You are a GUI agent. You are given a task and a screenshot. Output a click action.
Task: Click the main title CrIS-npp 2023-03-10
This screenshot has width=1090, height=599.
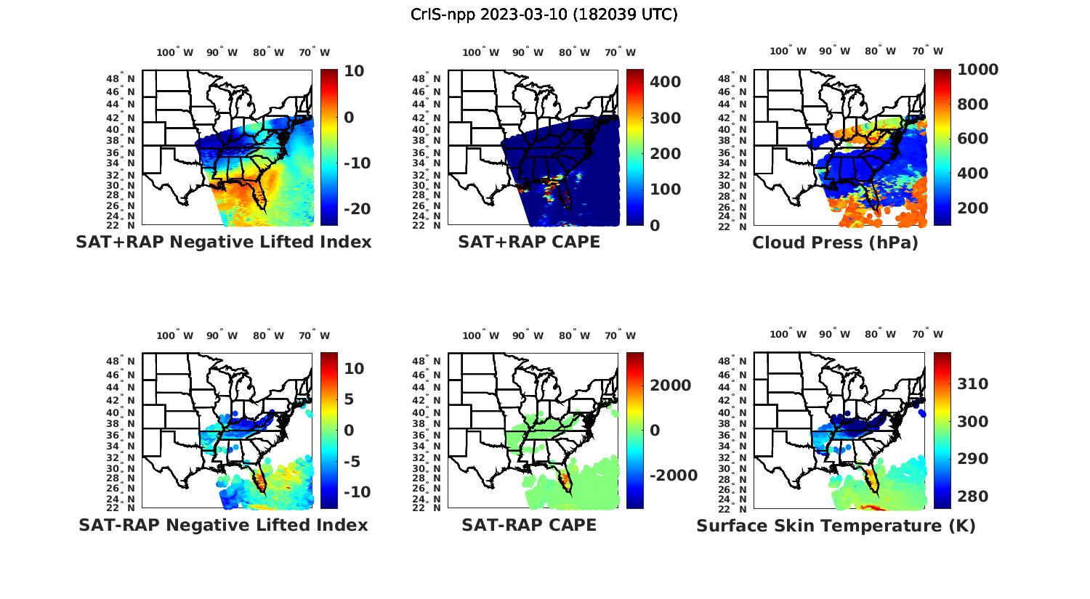[544, 15]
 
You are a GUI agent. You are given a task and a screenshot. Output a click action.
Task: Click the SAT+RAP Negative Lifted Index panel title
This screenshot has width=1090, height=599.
[223, 242]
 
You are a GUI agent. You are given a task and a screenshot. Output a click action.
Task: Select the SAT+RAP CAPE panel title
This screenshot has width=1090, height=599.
[529, 242]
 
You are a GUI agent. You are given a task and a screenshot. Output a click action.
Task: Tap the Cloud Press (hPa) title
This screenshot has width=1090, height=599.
[835, 243]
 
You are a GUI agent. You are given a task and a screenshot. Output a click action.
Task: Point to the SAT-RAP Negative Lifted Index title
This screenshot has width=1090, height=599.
[223, 525]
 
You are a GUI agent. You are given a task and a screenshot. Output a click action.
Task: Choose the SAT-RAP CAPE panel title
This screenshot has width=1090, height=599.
[529, 525]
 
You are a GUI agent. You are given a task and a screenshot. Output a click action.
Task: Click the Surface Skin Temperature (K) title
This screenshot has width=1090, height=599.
[836, 526]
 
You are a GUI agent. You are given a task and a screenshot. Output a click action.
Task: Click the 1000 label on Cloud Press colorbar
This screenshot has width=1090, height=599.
[977, 70]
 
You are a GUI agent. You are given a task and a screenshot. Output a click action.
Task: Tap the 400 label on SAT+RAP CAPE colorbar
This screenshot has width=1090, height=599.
[665, 82]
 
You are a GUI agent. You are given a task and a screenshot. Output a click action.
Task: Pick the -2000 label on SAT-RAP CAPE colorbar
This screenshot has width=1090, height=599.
[673, 476]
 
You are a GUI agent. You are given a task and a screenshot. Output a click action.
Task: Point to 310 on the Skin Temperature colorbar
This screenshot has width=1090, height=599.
[973, 384]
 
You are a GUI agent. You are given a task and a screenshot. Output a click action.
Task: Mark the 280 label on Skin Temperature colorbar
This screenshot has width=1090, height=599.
[973, 497]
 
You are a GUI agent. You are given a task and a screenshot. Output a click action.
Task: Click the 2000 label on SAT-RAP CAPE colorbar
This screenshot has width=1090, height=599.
[670, 386]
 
